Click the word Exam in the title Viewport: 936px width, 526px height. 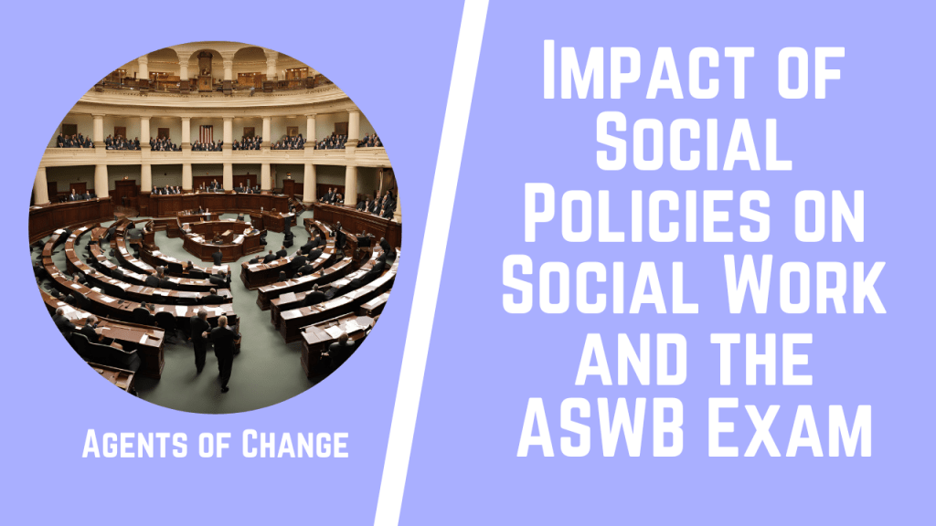point(797,428)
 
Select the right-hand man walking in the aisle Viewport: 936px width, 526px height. point(222,352)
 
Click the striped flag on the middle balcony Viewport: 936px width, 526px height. point(207,133)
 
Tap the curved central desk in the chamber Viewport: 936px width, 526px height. point(209,239)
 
